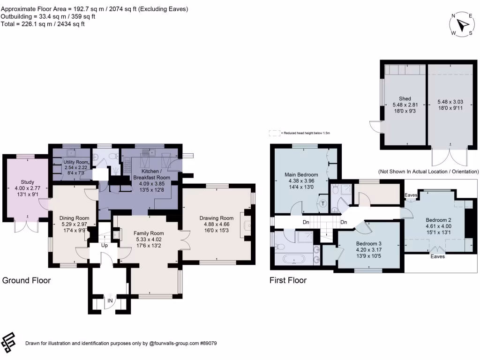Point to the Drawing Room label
[216, 218]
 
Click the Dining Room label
[74, 218]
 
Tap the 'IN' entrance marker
[110, 300]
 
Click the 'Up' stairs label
[104, 245]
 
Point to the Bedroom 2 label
[438, 220]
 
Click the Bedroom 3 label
[368, 243]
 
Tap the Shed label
[405, 98]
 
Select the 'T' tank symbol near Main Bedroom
[323, 203]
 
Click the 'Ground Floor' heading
[27, 281]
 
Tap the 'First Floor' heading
[288, 281]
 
